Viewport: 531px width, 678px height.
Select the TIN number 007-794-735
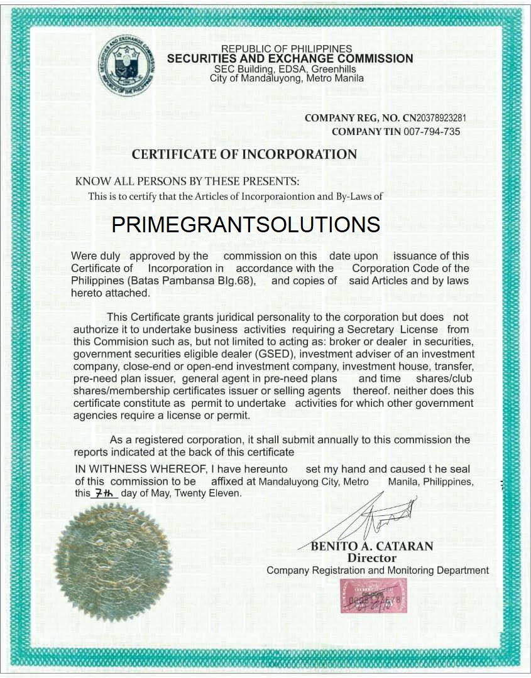click(x=431, y=132)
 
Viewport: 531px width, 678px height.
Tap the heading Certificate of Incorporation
click(x=244, y=154)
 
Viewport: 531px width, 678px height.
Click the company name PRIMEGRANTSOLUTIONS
click(x=246, y=225)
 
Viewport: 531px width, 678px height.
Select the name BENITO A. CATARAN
click(x=372, y=546)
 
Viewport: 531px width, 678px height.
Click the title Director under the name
click(x=372, y=558)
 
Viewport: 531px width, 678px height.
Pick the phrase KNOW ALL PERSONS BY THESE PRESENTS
click(x=187, y=181)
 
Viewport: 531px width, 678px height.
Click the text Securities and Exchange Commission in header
click(x=290, y=59)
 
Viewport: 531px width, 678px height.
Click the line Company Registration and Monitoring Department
click(x=378, y=571)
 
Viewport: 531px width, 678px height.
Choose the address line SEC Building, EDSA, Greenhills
click(x=285, y=69)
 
